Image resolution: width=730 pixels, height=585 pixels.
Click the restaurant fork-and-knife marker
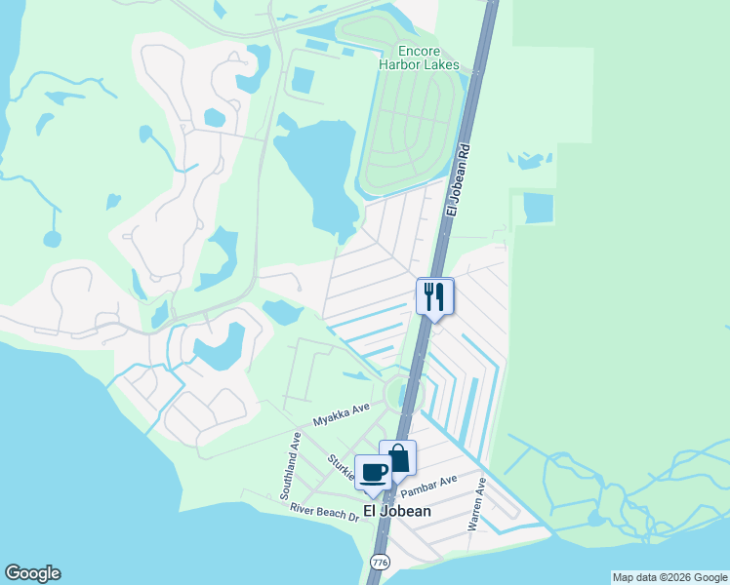pos(435,296)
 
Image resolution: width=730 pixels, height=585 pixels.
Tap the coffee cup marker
pos(374,472)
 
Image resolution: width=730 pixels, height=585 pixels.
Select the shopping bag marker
pos(398,457)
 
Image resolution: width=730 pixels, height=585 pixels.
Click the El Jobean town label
pos(396,510)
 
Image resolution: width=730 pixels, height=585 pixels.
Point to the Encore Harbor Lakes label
pos(419,58)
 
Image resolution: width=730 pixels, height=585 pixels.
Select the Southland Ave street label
pos(289,468)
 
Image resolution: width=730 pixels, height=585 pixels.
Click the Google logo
pos(32,573)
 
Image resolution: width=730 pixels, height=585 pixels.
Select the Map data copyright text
pos(669,577)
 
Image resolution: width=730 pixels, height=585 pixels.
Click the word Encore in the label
pos(419,51)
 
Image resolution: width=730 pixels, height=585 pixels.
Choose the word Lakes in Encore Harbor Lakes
pos(441,65)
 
